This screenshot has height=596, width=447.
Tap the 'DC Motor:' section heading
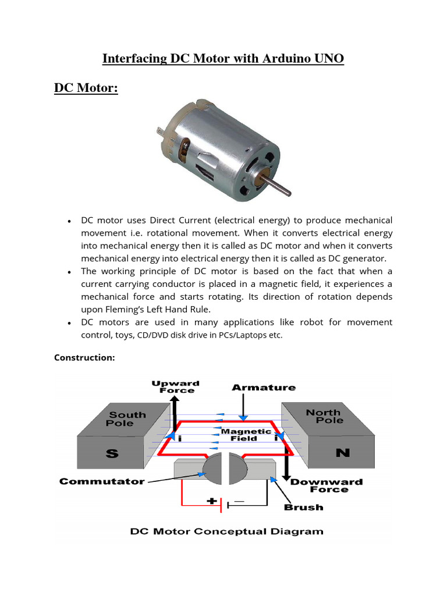pos(86,88)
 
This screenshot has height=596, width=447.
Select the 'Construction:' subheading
pos(84,357)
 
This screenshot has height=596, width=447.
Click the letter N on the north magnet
pos(343,452)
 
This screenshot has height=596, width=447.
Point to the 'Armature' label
pos(264,387)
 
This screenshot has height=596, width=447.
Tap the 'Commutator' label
pos(102,481)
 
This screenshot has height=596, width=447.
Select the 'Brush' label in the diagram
pos(303,507)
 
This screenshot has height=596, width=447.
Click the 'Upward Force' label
pos(175,386)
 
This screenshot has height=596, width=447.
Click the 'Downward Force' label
pos(326,485)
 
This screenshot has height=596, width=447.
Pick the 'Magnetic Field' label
pos(246,435)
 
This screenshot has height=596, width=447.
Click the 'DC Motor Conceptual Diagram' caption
pos(226,531)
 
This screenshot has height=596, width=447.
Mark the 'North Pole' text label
pos(324,416)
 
